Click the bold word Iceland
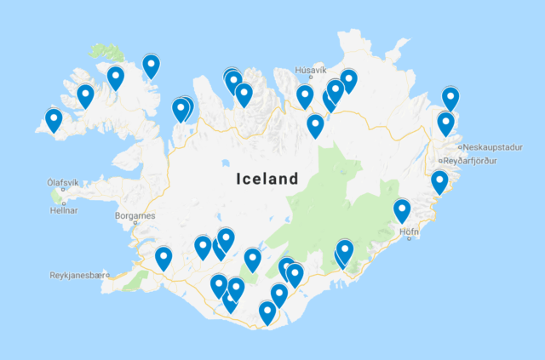(267, 180)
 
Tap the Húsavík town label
(310, 70)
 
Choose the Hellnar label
(63, 210)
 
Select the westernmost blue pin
(54, 120)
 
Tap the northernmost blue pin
(151, 65)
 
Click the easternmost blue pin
(450, 99)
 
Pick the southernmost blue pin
(267, 312)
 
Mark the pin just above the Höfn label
(402, 209)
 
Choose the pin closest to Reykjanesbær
(163, 257)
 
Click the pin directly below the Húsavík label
(305, 96)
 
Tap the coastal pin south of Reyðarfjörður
(439, 181)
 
